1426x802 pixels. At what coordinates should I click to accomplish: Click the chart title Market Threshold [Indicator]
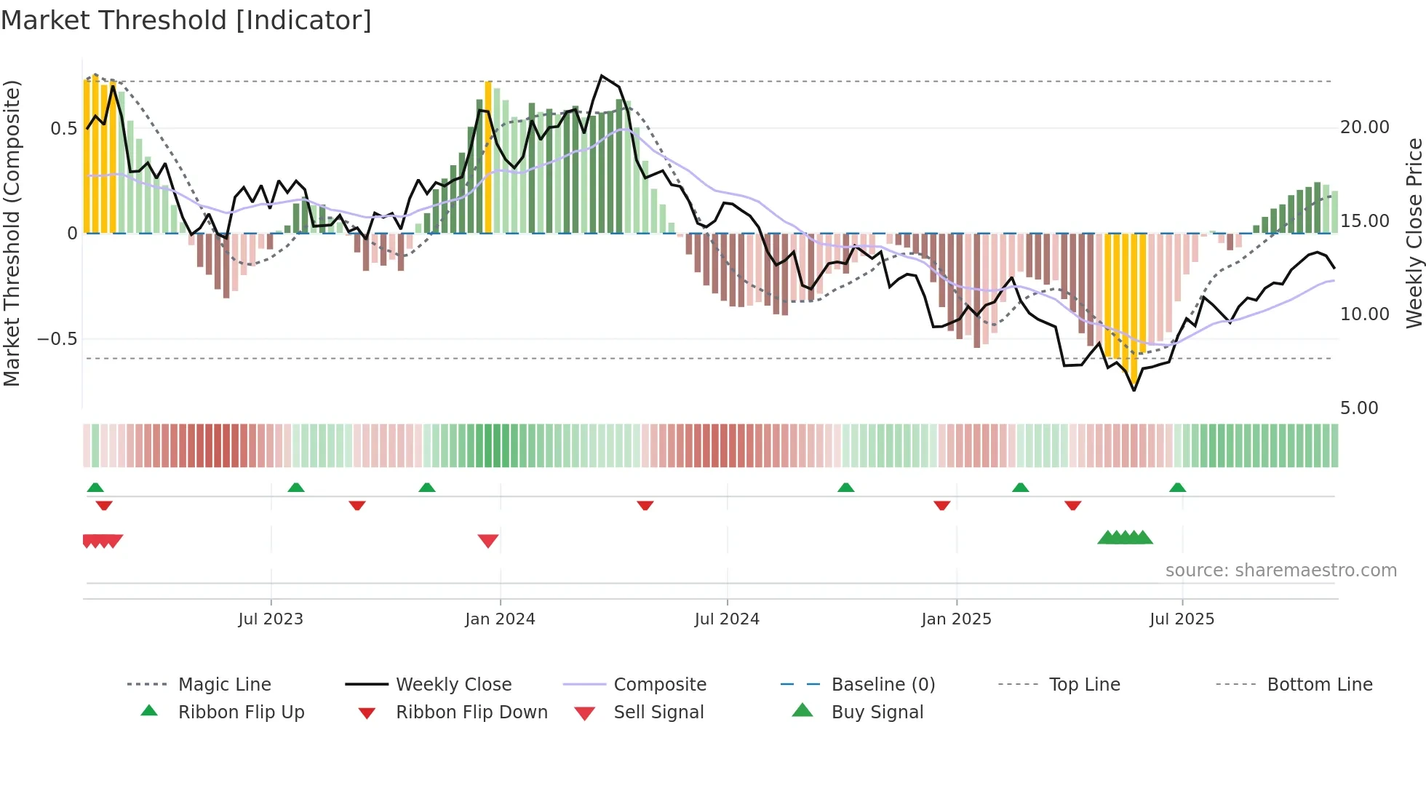pos(186,20)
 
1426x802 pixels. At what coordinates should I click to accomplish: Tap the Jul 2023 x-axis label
pos(271,619)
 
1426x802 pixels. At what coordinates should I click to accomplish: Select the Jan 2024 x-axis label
pos(500,619)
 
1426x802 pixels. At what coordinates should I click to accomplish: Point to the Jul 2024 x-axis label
pos(727,619)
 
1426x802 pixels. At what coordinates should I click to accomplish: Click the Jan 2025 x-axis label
pos(956,619)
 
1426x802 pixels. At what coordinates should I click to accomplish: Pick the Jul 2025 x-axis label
pos(1182,619)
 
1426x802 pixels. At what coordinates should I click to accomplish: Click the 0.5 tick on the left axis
pos(63,129)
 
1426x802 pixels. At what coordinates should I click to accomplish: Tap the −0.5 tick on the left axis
pos(57,339)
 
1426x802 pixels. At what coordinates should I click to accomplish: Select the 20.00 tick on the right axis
pos(1364,127)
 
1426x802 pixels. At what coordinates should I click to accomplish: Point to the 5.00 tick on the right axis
pos(1358,408)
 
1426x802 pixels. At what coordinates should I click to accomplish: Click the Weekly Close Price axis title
pos(1414,233)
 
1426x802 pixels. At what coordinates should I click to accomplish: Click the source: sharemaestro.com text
pos(1280,571)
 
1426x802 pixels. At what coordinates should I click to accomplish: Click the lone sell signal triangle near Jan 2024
pos(488,541)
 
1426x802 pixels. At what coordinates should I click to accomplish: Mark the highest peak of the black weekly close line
pos(602,76)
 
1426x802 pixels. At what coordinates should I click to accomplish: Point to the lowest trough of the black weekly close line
pos(1134,390)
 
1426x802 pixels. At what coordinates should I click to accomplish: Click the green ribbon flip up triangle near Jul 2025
pos(1177,488)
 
